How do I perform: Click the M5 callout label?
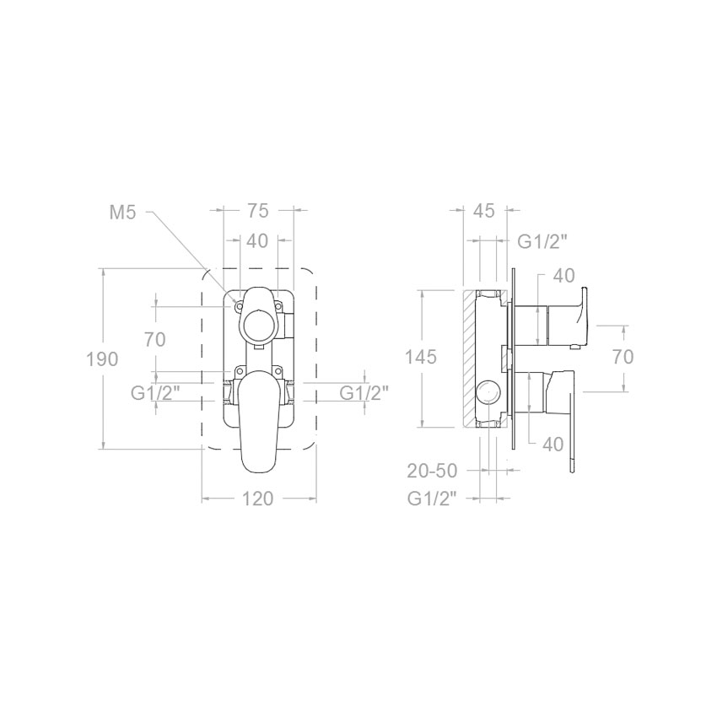pos(122,213)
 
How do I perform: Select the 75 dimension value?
pos(258,211)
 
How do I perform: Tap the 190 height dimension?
pos(102,359)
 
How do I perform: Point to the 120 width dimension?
pos(257,499)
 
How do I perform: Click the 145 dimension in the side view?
pos(421,357)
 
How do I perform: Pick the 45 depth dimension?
pos(484,211)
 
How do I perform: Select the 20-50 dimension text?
pos(432,471)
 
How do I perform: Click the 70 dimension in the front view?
pos(154,340)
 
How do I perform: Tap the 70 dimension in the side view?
pos(623,357)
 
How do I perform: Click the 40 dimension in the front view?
pos(257,241)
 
